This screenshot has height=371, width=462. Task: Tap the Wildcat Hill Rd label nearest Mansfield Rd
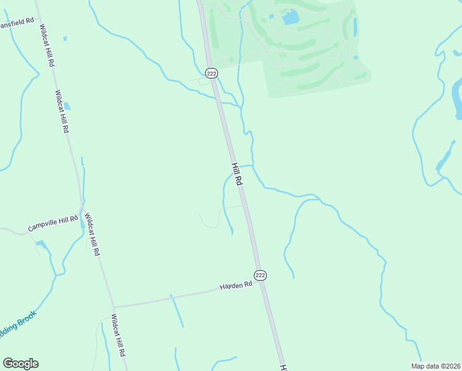point(47,46)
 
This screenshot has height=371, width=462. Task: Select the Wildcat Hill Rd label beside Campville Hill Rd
point(91,235)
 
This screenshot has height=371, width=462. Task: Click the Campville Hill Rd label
point(53,224)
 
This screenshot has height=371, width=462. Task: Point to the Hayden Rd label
point(237,286)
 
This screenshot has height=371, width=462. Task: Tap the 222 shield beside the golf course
point(212,74)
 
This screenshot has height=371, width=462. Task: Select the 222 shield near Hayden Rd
point(261,275)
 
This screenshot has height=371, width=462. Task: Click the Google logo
point(21,364)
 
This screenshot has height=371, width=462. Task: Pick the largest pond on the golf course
point(290,17)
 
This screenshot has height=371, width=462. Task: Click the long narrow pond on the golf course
point(355,27)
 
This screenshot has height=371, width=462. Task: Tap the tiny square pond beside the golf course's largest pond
point(271,17)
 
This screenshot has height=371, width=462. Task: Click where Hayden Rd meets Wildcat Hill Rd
point(114,306)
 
